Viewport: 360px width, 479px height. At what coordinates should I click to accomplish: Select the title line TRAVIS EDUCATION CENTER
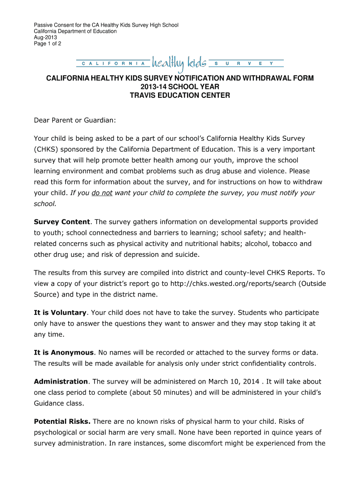pyautogui.click(x=180, y=95)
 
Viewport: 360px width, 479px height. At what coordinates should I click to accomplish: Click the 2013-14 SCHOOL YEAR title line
pyautogui.click(x=180, y=87)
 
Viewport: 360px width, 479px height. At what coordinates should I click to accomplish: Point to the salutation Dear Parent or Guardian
pyautogui.click(x=74, y=121)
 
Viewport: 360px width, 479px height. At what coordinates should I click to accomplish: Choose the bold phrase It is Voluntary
pyautogui.click(x=60, y=312)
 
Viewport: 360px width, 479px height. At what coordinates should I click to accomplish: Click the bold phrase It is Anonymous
pyautogui.click(x=64, y=352)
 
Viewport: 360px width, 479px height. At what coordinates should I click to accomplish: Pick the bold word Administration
pyautogui.click(x=61, y=381)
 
